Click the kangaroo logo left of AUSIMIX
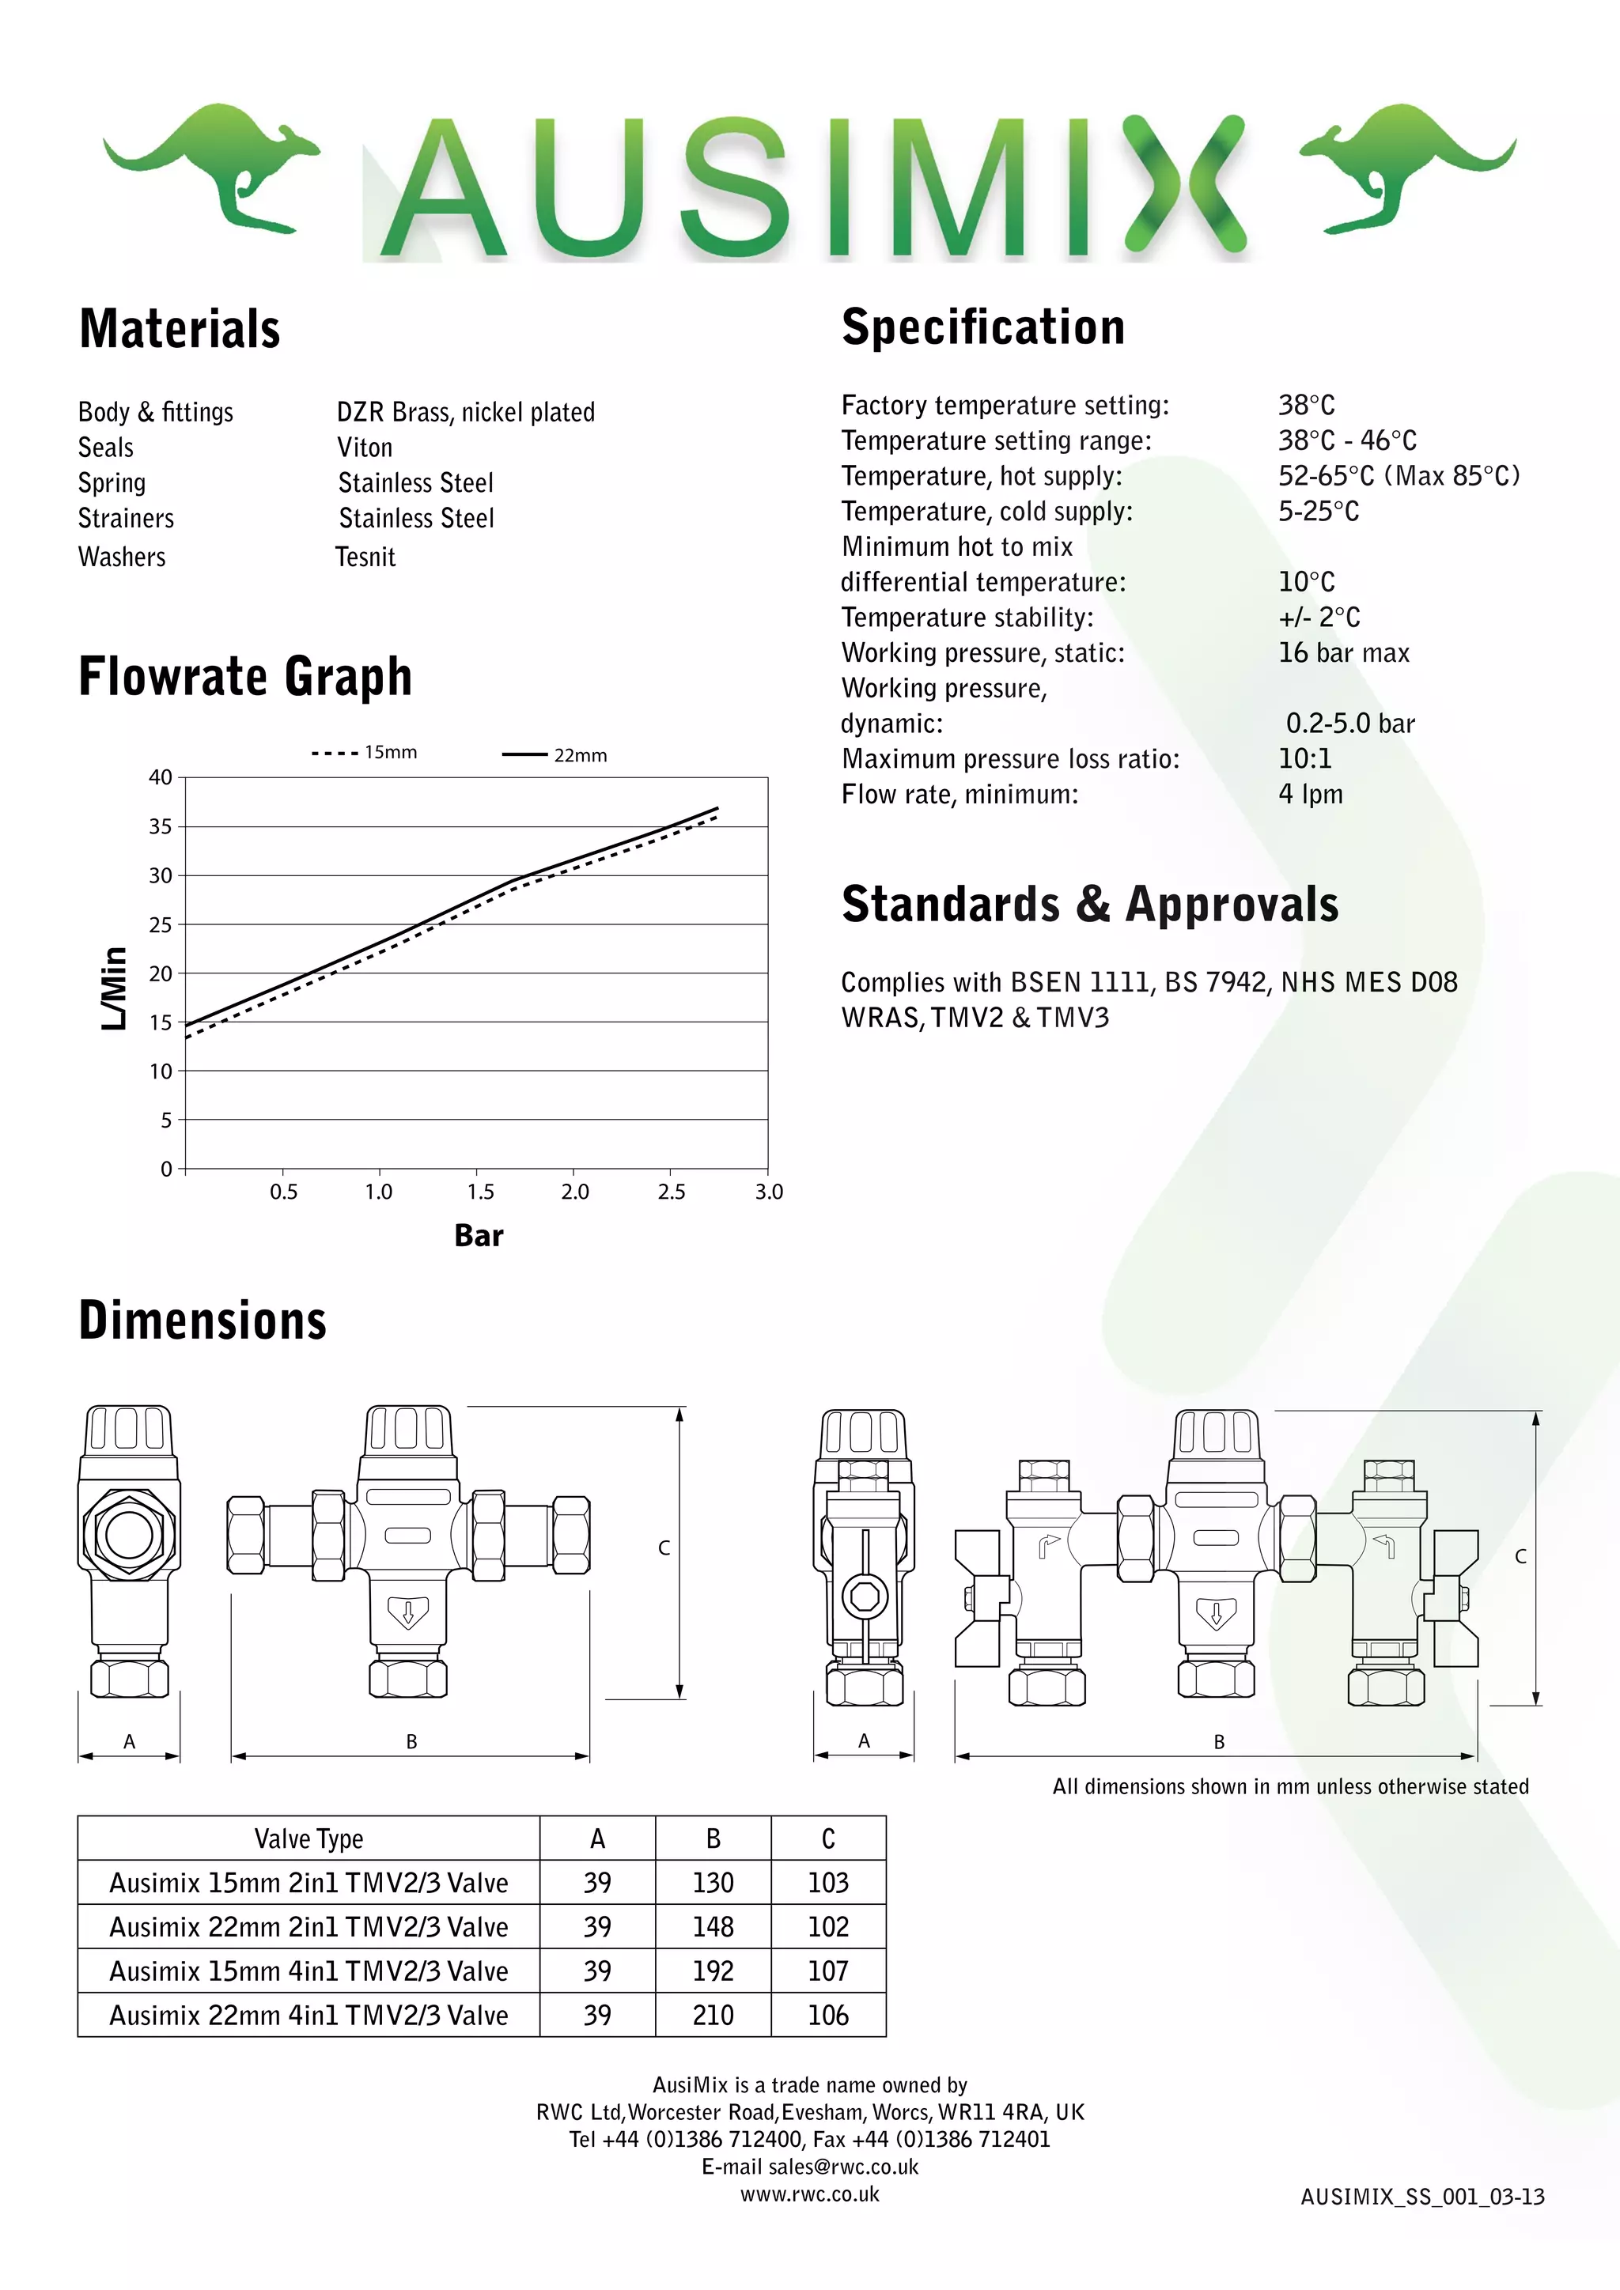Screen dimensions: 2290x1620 tap(211, 164)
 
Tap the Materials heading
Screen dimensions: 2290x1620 tap(180, 329)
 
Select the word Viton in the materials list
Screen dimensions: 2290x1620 tap(365, 448)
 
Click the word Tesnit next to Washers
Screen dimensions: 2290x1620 tap(366, 557)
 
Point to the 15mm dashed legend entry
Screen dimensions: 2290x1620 tap(365, 753)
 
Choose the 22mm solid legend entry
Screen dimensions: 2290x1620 tap(555, 756)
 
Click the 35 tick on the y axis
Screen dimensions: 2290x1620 tap(161, 827)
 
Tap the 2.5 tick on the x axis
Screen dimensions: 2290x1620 tap(672, 1192)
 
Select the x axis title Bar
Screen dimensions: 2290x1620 tap(479, 1236)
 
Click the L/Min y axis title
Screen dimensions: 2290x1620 tap(115, 988)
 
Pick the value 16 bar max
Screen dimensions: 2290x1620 tap(1344, 653)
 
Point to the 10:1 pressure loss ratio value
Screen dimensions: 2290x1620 tap(1304, 759)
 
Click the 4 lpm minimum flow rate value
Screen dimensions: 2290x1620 tap(1311, 795)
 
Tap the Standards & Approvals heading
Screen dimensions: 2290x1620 tap(1089, 905)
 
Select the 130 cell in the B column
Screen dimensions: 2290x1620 tap(713, 1883)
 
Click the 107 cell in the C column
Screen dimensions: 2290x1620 tap(828, 1972)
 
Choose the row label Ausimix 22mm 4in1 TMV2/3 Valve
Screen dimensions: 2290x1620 tap(308, 2016)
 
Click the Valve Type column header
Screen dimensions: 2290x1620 tap(308, 1838)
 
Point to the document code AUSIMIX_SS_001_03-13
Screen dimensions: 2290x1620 tap(1422, 2197)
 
